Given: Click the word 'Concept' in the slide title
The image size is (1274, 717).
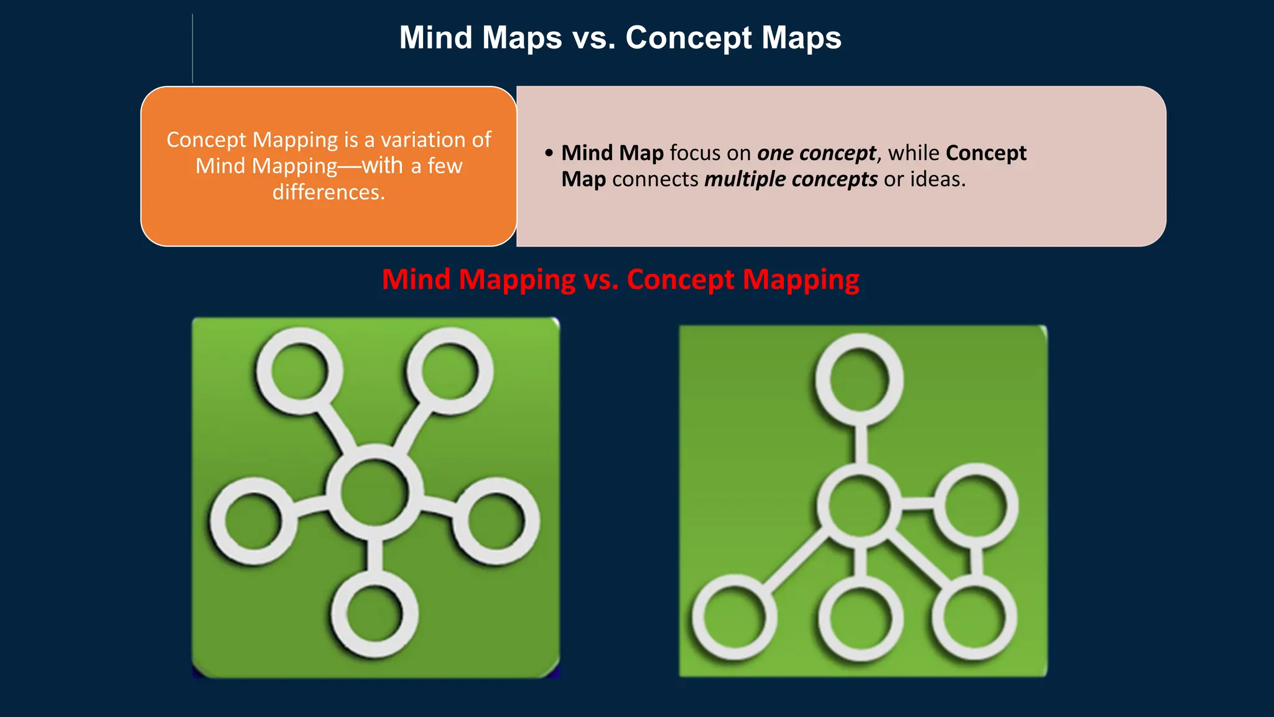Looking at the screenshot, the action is point(688,38).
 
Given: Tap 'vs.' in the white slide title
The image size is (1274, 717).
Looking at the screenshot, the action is point(594,38).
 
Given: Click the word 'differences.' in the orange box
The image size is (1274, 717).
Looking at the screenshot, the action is point(328,192).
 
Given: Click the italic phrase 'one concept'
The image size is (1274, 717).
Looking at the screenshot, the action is point(816,153).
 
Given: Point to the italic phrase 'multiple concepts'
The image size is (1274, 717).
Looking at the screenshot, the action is point(791,179).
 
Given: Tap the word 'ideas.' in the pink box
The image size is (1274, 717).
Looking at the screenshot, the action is point(937,179).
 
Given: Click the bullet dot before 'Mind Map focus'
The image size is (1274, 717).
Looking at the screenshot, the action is point(549,153).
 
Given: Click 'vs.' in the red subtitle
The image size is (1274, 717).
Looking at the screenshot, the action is point(601,279).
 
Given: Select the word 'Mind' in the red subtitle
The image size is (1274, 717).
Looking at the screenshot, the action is point(416,279).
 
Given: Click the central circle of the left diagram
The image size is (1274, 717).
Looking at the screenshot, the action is point(374,492).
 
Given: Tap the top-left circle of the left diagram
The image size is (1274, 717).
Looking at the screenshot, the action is point(300,371).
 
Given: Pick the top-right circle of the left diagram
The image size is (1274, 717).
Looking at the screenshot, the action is point(450,371).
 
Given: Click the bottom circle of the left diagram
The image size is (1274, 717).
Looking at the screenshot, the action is point(374,614).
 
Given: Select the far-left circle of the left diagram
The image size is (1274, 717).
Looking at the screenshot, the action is point(254,522).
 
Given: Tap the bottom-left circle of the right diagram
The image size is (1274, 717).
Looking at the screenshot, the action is point(735,617).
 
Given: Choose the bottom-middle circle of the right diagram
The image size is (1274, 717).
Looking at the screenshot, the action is point(860,619).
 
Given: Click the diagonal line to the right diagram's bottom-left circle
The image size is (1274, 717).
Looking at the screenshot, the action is point(796,559).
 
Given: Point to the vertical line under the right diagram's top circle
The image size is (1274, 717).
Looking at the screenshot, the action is point(861,444).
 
